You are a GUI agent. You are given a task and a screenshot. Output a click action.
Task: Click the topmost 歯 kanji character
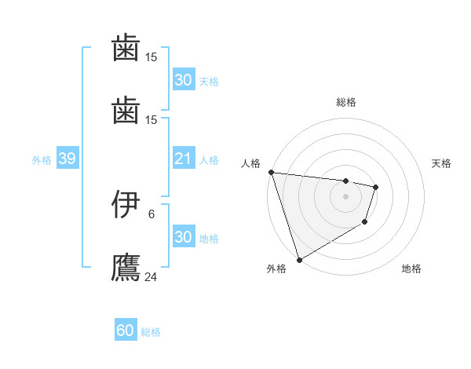pos(126,48)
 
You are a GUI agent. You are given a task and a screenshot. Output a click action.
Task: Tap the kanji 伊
pos(126,205)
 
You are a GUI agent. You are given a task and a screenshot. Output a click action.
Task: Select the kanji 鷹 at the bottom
pos(126,266)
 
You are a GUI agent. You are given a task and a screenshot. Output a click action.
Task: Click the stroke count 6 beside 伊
pos(152,214)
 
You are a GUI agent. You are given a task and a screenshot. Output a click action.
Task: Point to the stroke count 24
pos(152,276)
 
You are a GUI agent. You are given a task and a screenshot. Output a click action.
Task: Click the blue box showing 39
pos(67,159)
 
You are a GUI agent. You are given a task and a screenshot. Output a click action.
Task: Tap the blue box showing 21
pos(183,159)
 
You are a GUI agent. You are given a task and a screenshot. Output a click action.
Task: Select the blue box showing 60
pos(126,331)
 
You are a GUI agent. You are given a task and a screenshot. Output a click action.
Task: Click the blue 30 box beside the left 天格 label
pos(183,80)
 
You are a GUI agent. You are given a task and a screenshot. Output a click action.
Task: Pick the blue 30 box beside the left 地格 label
pos(183,238)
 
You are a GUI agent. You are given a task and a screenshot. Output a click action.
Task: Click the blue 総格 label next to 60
pos(151,332)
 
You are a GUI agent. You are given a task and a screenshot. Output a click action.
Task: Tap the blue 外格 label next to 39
pos(42,160)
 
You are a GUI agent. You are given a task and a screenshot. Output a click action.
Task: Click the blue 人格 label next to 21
pos(208,160)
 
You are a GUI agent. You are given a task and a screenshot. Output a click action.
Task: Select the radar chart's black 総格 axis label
pos(346,102)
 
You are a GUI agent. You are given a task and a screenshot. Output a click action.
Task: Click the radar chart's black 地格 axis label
pos(411,269)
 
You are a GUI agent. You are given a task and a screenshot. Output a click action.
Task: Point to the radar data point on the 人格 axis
pos(271,172)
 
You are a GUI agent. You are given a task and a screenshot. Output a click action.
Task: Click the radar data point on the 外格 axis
pos(299,259)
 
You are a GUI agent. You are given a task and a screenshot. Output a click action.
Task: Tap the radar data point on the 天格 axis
pos(376,187)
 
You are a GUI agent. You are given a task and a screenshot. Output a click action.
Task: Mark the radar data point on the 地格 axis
pos(365,223)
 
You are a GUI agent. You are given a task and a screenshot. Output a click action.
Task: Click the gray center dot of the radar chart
pos(345,196)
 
